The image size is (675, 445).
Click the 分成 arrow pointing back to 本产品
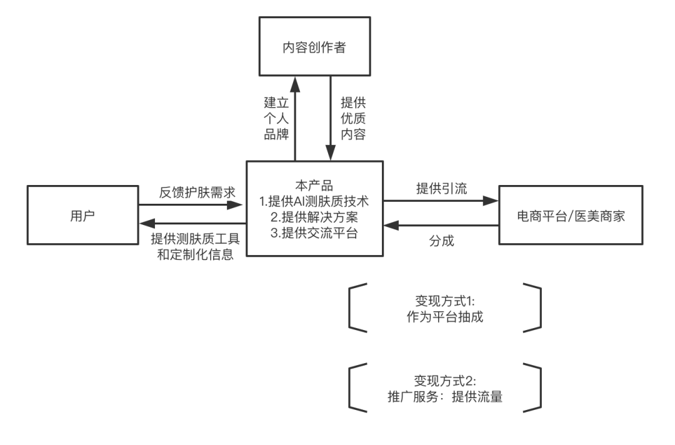pyautogui.click(x=441, y=224)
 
